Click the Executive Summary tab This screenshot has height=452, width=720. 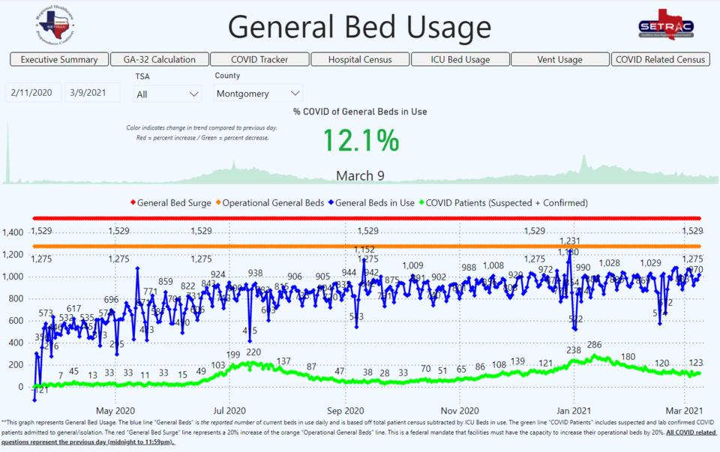(x=59, y=59)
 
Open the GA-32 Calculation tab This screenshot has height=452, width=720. (x=159, y=59)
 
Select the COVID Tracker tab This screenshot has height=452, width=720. (x=259, y=59)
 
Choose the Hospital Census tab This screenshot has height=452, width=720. (x=360, y=59)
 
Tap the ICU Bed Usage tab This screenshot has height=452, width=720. (x=460, y=59)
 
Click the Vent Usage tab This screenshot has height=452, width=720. (x=560, y=59)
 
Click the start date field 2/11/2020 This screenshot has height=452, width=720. (x=32, y=93)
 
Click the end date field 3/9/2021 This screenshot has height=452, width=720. (x=91, y=93)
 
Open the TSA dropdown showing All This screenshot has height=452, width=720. (x=167, y=94)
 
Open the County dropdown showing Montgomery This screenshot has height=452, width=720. (x=258, y=94)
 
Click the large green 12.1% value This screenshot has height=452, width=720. (x=361, y=141)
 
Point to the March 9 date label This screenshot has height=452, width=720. (x=360, y=176)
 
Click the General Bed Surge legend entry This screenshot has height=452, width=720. (x=173, y=202)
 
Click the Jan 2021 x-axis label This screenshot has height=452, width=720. (x=575, y=410)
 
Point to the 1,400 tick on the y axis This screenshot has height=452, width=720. (x=14, y=232)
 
